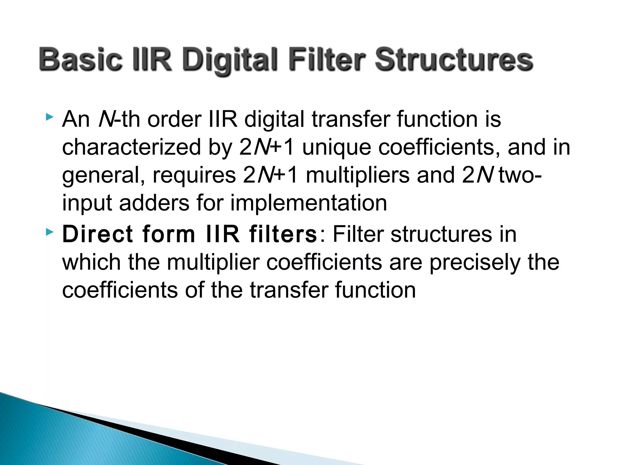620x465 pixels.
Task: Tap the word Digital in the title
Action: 230,60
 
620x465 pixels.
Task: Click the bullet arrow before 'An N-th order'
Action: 49,117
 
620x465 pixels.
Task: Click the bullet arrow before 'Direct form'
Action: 49,232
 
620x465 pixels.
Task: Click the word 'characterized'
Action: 131,147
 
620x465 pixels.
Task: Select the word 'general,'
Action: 103,175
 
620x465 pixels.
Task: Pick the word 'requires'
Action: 194,175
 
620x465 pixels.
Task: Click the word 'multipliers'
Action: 358,175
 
